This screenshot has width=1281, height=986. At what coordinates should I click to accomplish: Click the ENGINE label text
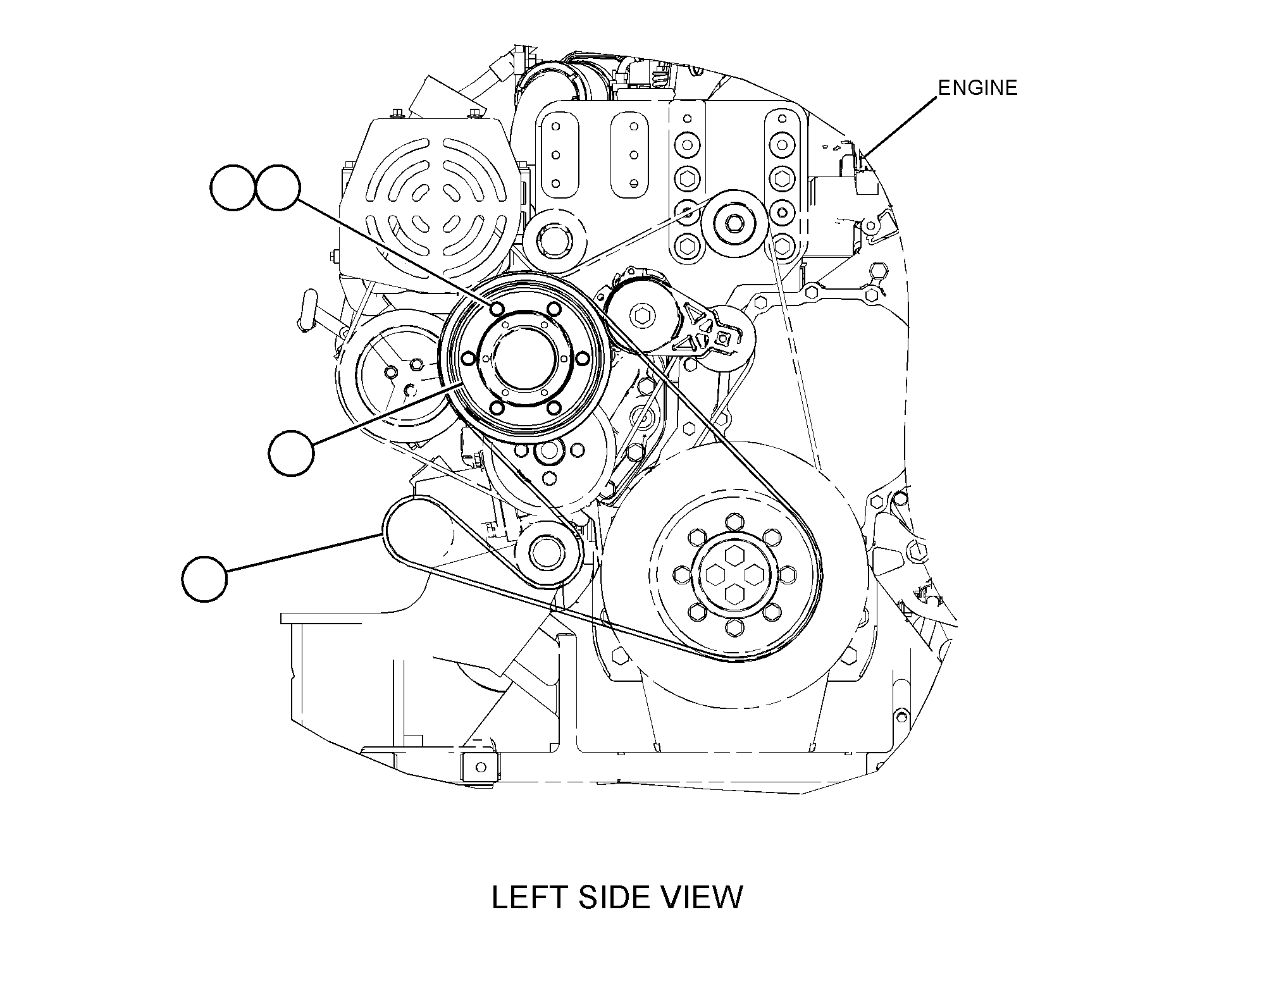tap(977, 87)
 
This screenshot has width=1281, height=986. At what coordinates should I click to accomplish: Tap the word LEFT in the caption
tap(529, 897)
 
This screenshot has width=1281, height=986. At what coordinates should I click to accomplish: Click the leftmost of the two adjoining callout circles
tap(233, 188)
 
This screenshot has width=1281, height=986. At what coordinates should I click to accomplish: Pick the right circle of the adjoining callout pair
tap(278, 188)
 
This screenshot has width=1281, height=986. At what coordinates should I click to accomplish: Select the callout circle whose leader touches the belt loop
tap(204, 578)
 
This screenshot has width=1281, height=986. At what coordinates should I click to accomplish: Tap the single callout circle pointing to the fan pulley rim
tap(291, 452)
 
